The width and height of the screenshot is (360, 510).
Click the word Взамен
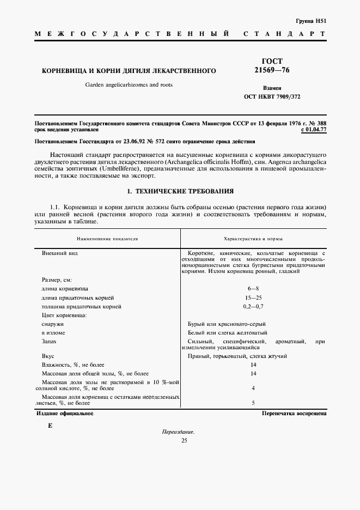point(272,88)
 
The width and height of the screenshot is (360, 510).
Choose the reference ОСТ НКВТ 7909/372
point(272,96)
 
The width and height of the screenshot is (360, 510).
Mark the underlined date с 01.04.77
point(313,130)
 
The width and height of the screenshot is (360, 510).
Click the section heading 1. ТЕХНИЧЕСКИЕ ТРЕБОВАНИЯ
point(180,191)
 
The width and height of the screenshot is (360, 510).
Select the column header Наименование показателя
point(107,239)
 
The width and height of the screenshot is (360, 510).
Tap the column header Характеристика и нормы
point(253,239)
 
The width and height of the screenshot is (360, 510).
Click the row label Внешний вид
point(58,253)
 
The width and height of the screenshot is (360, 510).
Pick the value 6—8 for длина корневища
point(253,288)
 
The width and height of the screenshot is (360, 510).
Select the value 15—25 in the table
point(253,297)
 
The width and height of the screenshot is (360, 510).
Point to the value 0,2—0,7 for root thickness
point(253,306)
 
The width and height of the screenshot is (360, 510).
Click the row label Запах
point(49,341)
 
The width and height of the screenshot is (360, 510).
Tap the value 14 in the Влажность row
point(253,365)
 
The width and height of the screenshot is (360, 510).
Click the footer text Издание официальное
point(65,414)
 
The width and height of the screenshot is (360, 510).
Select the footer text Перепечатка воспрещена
point(294,414)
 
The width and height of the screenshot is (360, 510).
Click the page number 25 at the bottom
point(184,440)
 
